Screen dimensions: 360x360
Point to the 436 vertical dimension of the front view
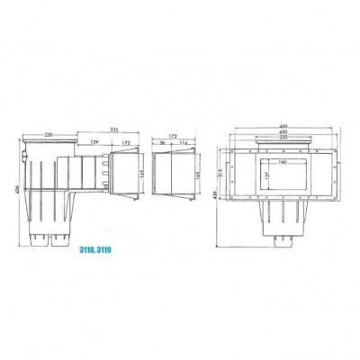coord(217,193)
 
